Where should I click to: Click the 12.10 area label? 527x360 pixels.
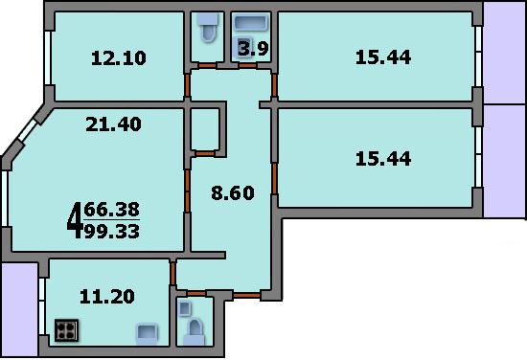click(119, 58)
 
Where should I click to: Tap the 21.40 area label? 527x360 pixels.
click(113, 124)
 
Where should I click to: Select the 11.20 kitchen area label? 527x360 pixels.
click(107, 297)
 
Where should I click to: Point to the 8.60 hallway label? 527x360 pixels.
click(233, 193)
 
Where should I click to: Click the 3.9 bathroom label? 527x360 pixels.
click(254, 49)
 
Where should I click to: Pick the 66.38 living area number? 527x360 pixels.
click(111, 210)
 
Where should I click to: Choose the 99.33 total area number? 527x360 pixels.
click(111, 232)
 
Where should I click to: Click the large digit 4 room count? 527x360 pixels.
click(75, 220)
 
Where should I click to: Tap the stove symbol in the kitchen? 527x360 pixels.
click(66, 330)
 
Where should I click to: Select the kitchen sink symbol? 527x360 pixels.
click(147, 334)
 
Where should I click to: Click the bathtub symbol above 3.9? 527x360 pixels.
click(251, 24)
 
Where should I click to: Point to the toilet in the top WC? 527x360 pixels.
click(207, 28)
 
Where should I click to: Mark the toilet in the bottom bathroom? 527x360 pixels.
click(195, 332)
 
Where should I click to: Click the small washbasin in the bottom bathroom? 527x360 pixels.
click(185, 308)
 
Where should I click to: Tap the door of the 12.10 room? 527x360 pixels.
click(187, 85)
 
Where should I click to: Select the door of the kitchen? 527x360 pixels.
click(172, 274)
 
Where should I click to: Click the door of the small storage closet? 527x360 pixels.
click(205, 154)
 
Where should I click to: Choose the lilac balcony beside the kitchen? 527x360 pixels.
click(19, 309)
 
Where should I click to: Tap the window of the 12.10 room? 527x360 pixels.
click(48, 57)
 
